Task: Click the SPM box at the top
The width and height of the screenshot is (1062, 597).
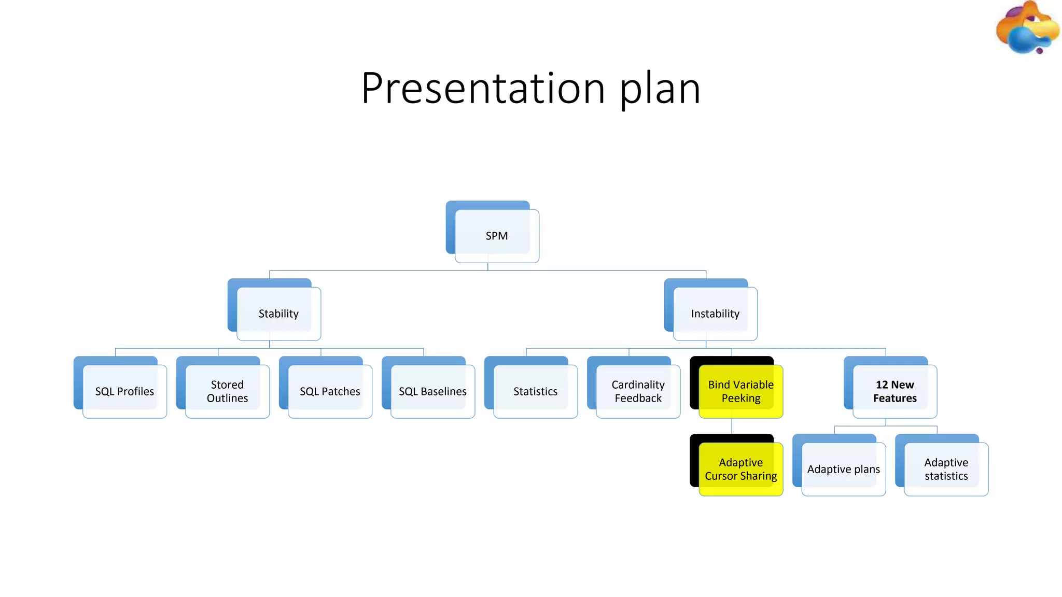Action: click(496, 236)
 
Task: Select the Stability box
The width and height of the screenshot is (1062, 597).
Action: click(278, 314)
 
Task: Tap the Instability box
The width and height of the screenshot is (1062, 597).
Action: click(715, 314)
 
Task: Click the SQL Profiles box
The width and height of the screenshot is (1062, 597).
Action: click(124, 391)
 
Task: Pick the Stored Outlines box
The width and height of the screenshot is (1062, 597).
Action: click(227, 391)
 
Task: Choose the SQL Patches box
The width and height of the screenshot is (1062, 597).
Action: click(330, 391)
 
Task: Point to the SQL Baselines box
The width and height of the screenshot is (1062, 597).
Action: click(432, 391)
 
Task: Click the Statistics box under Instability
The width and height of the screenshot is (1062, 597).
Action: click(535, 391)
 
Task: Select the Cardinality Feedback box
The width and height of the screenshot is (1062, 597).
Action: click(638, 391)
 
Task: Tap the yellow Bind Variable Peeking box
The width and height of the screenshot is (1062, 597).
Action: click(740, 391)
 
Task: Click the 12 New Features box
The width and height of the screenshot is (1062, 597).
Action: click(895, 391)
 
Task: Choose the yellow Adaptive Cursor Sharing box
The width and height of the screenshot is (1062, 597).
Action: click(740, 469)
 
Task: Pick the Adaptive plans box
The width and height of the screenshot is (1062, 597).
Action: click(843, 469)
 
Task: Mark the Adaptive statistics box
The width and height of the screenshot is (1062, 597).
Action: click(946, 469)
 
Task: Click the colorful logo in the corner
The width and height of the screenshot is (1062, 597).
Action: click(1027, 29)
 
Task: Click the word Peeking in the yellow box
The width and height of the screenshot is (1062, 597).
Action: click(740, 399)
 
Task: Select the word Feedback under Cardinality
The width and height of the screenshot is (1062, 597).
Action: click(638, 399)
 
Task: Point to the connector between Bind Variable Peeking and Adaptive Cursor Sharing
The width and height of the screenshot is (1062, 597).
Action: click(732, 426)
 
